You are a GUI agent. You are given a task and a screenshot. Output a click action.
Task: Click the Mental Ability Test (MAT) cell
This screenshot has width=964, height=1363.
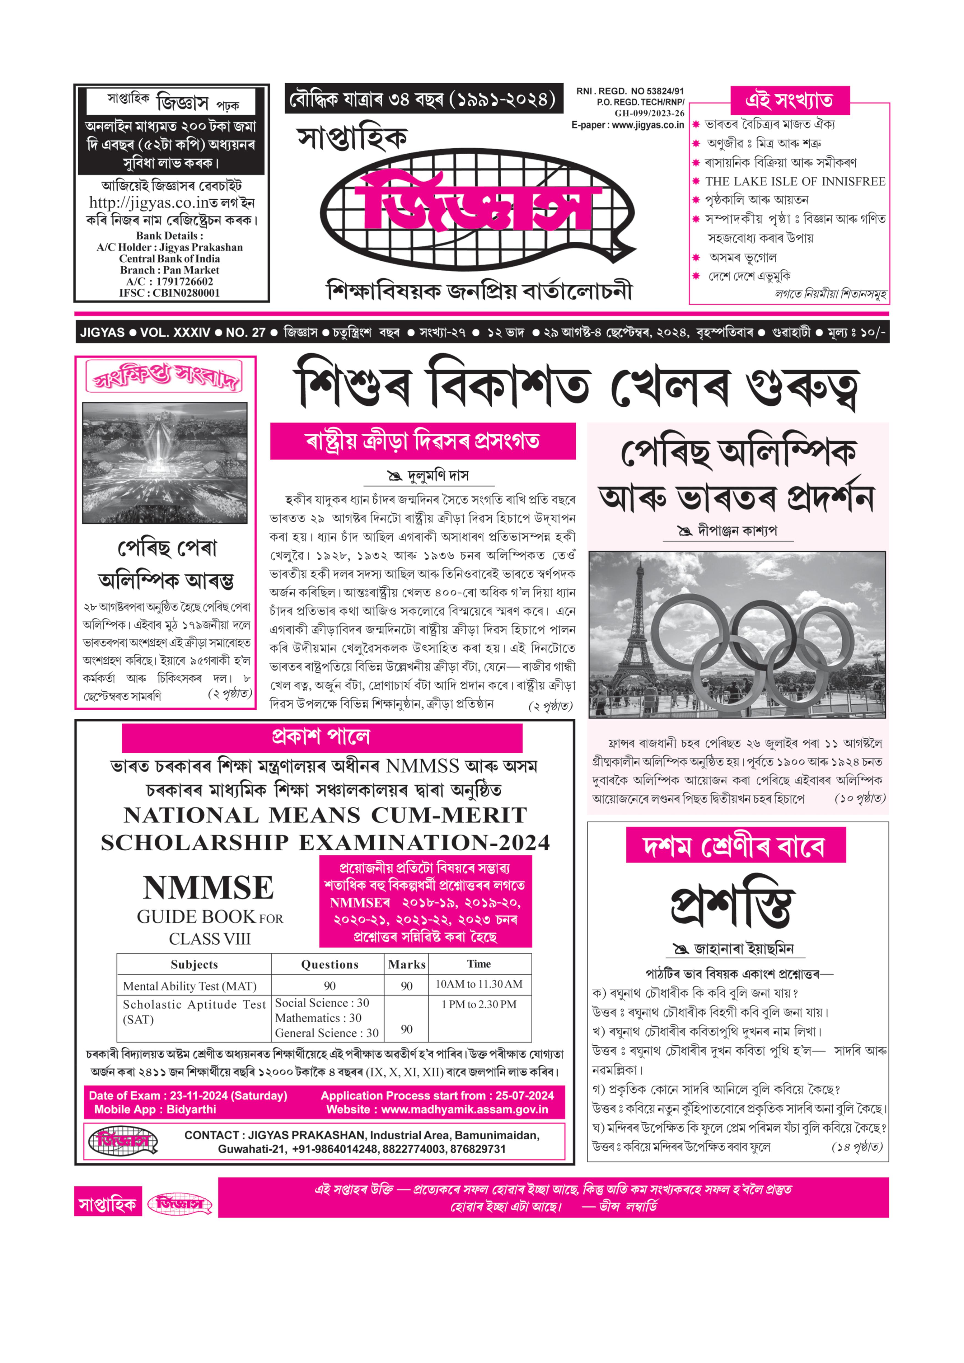pos(189,986)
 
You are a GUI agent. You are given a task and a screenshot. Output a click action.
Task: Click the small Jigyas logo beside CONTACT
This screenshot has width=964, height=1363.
pos(123,1141)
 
